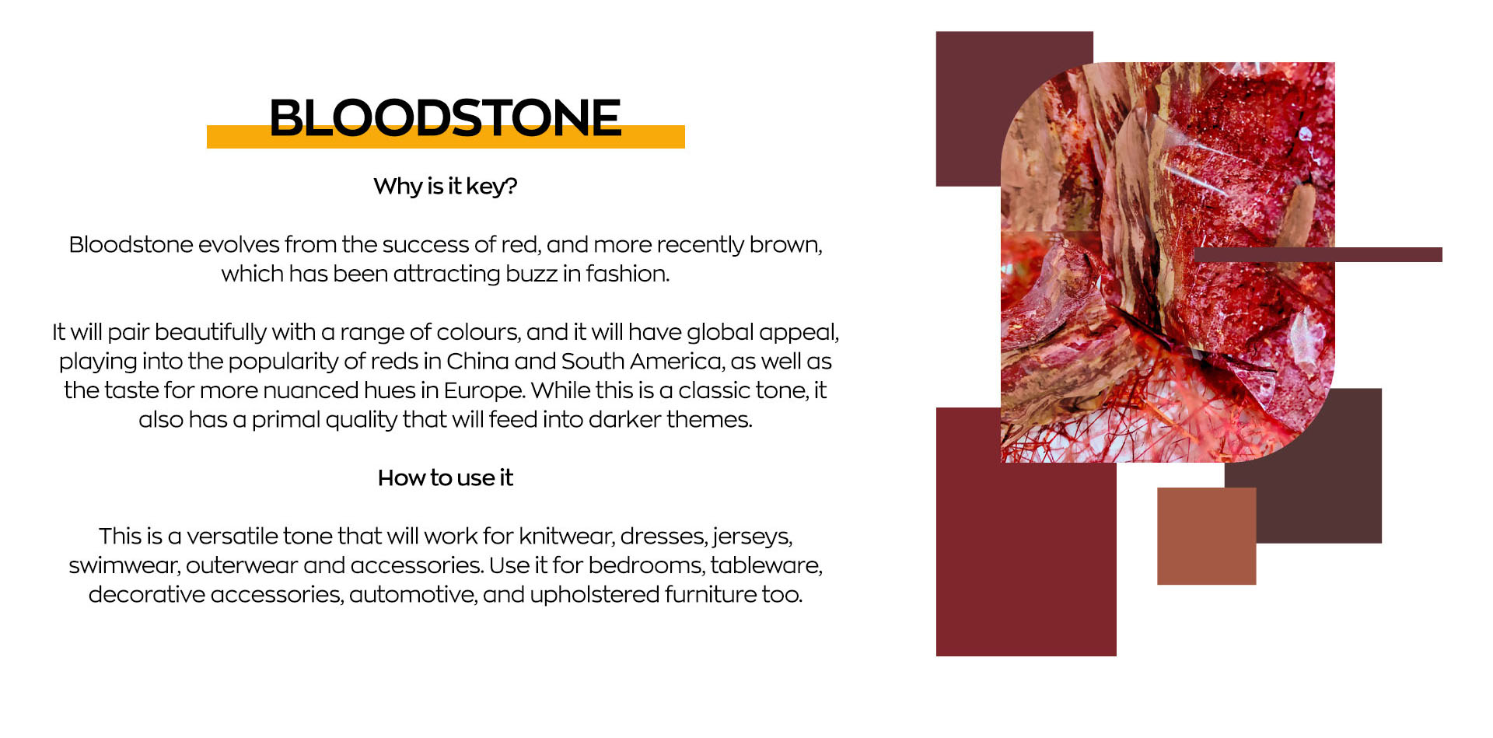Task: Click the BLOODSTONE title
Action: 445,117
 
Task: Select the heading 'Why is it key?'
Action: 446,187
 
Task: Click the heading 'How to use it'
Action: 446,477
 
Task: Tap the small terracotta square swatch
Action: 1206,536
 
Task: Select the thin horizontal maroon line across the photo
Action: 1317,254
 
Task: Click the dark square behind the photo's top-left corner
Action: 968,109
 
